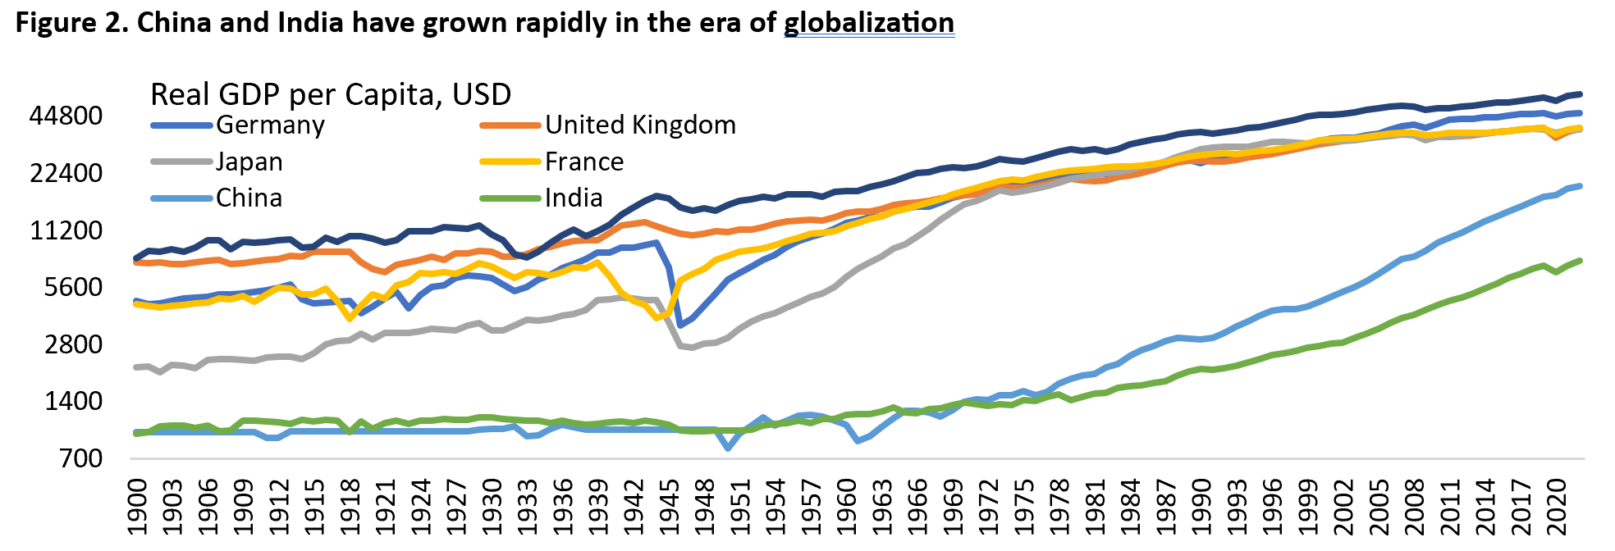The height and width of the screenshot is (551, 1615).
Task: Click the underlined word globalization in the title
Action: click(x=868, y=23)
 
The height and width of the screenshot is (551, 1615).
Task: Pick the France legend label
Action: click(x=583, y=162)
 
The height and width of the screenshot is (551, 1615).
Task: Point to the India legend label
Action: click(x=574, y=198)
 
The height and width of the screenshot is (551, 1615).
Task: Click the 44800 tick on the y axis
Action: click(x=66, y=116)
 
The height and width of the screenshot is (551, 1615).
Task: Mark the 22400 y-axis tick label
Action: click(x=66, y=174)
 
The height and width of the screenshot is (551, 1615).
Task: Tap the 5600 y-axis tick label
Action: click(x=73, y=288)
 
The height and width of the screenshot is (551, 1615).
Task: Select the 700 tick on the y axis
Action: click(x=80, y=458)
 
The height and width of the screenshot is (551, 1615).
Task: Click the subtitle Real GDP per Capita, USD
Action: click(x=331, y=95)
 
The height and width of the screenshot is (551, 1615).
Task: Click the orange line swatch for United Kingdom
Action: click(x=510, y=125)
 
